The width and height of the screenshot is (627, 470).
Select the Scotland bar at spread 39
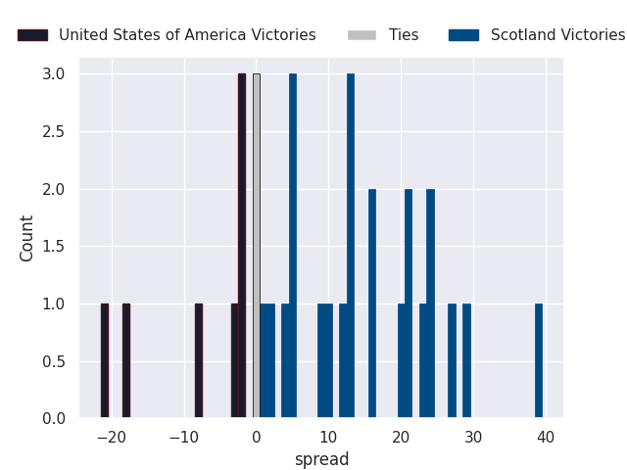click(539, 361)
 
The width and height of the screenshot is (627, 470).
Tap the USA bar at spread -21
click(105, 361)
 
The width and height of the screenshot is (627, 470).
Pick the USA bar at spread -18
click(126, 361)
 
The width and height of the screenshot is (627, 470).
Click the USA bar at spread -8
click(199, 361)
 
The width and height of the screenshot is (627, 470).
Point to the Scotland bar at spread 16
click(372, 304)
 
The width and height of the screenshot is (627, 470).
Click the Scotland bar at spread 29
click(466, 361)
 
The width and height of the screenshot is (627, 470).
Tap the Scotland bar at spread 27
click(452, 361)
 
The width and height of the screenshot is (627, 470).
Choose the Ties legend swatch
click(362, 35)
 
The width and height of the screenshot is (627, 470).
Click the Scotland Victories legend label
click(557, 35)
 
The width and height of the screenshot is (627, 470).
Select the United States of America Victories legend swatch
click(32, 35)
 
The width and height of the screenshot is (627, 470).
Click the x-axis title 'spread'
click(321, 459)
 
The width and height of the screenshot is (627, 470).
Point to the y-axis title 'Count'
click(27, 238)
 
